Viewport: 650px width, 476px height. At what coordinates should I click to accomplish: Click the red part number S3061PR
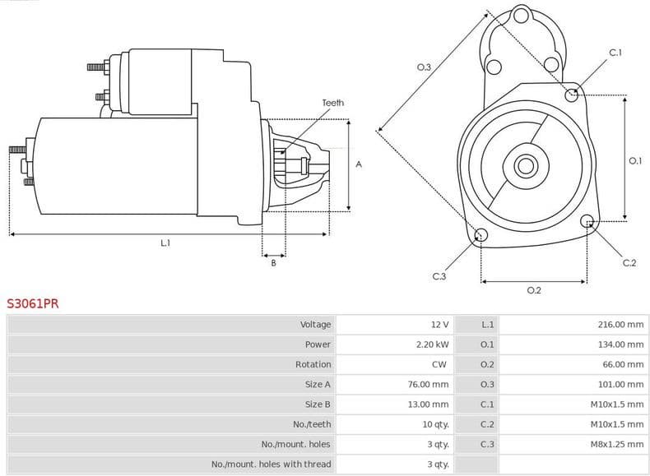pos(33,303)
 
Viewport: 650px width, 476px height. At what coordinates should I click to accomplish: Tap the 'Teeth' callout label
pos(333,103)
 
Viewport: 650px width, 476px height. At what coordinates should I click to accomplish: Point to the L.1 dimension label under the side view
pos(165,243)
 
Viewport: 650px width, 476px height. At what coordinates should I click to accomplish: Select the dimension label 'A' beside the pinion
pos(358,164)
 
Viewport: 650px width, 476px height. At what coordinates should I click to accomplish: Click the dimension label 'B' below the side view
pos(274,263)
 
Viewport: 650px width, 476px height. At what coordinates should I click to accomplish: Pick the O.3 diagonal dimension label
pos(424,67)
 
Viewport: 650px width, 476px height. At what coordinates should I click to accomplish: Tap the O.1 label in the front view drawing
pos(634,161)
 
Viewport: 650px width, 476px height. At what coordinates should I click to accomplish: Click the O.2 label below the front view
pos(533,290)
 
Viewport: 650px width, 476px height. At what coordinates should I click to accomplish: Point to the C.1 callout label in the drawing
pos(615,53)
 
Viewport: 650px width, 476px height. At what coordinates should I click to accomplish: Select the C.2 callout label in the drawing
pos(629,263)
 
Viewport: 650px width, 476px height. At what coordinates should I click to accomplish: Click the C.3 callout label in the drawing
pos(439,276)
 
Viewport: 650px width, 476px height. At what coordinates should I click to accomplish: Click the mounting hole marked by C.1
pos(572,95)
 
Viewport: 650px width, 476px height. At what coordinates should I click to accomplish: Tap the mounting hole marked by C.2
pos(587,221)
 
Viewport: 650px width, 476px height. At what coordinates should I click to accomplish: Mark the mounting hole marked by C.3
pos(481,236)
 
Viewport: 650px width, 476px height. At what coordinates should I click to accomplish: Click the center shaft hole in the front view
pos(525,165)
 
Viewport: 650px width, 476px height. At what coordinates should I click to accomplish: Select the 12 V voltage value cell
pos(439,325)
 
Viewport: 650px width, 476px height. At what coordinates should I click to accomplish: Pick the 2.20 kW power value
pos(432,344)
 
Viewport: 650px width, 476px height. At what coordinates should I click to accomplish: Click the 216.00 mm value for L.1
pos(620,325)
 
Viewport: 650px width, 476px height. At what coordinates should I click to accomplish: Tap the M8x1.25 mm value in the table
pos(616,444)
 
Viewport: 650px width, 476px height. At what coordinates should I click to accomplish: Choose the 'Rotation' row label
pos(313,364)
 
